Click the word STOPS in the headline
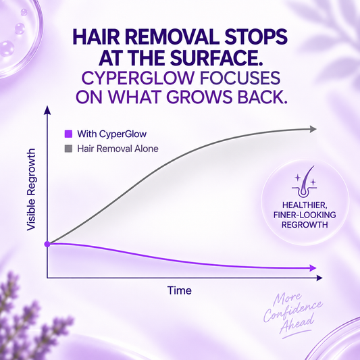pos(256,37)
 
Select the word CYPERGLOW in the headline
pos(138,78)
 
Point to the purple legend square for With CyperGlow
pos(68,134)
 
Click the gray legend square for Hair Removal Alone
pos(68,149)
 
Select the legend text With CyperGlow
pos(112,134)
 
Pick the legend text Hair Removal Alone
pos(118,149)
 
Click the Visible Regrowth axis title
pos(32,189)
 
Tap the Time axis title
pos(179,290)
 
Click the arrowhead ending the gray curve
pos(313,129)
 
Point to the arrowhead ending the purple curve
pos(313,267)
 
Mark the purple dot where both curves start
pos(47,244)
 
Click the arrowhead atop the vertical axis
pos(47,109)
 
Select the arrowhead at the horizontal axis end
pos(319,278)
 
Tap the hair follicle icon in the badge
pos(305,182)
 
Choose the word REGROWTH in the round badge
pos(305,225)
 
